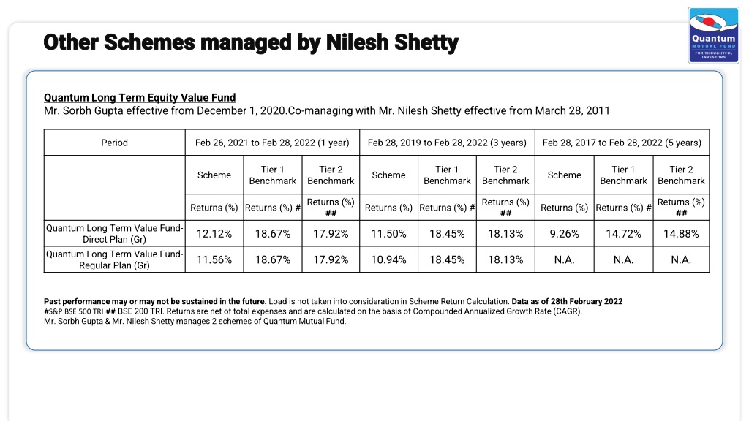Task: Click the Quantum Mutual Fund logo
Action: click(714, 35)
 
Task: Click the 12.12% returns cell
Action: click(214, 234)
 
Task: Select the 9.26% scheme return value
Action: click(564, 234)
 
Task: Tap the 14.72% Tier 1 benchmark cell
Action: click(623, 234)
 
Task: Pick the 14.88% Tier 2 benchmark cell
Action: click(681, 234)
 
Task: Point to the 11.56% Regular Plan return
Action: click(214, 259)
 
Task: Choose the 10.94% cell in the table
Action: click(389, 259)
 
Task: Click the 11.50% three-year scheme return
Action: click(389, 234)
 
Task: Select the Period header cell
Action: click(115, 143)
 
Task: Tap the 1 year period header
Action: click(272, 143)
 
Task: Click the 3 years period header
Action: click(447, 143)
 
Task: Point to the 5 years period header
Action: click(622, 143)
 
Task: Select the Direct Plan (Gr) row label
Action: click(115, 234)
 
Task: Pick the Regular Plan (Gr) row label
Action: click(115, 259)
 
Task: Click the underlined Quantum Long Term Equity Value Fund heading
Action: click(140, 98)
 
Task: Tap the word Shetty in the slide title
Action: click(426, 42)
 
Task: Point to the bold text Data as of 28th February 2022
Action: click(567, 302)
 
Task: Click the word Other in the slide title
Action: click(71, 42)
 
